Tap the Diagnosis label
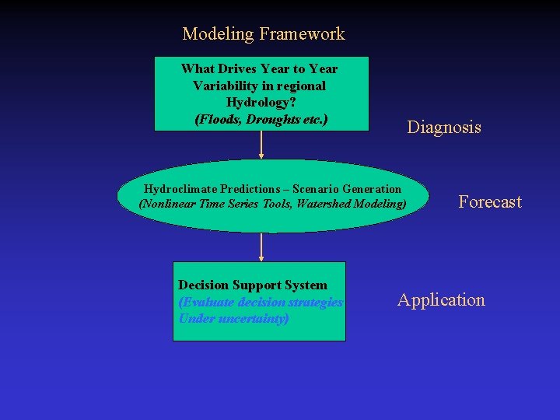coord(444,128)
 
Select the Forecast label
coord(490,202)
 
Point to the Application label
coord(441,300)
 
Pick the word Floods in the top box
coord(219,120)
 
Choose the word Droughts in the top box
coord(270,120)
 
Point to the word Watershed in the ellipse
coord(323,204)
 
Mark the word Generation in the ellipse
coord(371,189)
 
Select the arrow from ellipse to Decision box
coord(261,247)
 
